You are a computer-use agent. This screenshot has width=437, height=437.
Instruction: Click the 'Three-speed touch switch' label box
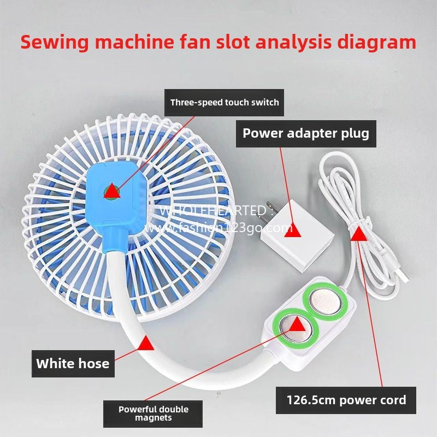pyautogui.click(x=225, y=102)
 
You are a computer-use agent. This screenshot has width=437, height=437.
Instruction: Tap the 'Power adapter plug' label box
pyautogui.click(x=306, y=133)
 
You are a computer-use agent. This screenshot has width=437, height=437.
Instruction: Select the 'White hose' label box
pyautogui.click(x=73, y=363)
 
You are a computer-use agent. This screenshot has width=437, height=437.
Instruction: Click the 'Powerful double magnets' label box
pyautogui.click(x=154, y=414)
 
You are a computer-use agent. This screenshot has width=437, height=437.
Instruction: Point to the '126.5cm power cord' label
pyautogui.click(x=346, y=400)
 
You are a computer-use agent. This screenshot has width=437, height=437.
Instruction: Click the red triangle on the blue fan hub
pyautogui.click(x=113, y=191)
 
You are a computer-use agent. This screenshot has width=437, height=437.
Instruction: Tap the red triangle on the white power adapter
pyautogui.click(x=286, y=227)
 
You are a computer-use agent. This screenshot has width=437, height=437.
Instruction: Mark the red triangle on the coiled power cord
pyautogui.click(x=358, y=234)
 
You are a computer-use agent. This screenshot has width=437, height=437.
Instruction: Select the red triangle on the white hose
pyautogui.click(x=146, y=344)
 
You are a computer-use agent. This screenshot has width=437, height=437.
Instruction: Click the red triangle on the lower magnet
pyautogui.click(x=296, y=325)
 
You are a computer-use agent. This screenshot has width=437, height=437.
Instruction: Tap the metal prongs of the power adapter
pyautogui.click(x=267, y=210)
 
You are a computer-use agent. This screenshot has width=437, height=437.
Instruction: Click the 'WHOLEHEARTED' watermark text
pyautogui.click(x=213, y=210)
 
